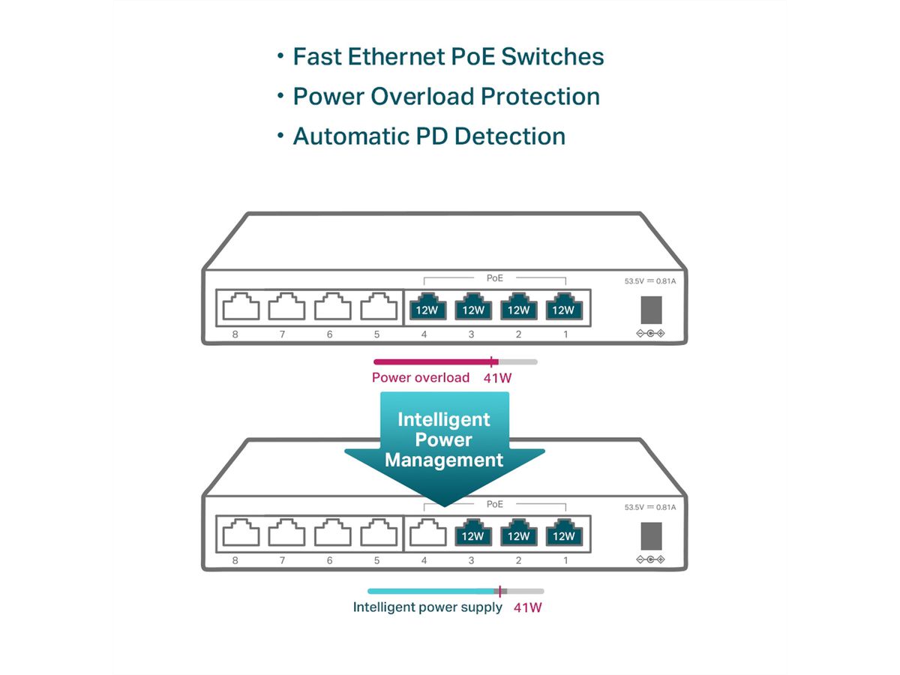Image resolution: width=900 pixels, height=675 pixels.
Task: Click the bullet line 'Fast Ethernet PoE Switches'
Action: [448, 57]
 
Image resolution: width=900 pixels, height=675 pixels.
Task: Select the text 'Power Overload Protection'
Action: [445, 97]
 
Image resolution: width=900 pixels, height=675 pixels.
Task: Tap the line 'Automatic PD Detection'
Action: [428, 136]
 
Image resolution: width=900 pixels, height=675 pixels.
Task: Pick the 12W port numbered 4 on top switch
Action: [425, 307]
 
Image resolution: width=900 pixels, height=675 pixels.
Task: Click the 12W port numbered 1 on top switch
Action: [565, 307]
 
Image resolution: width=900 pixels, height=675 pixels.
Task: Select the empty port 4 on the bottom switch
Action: [425, 533]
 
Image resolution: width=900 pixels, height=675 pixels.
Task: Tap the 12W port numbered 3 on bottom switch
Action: [472, 533]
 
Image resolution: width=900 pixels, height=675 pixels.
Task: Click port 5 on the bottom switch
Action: [379, 533]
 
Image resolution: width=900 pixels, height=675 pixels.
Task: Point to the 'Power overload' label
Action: [420, 378]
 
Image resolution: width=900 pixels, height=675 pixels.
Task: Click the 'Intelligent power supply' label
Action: [427, 607]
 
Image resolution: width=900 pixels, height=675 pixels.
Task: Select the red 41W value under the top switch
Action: [498, 378]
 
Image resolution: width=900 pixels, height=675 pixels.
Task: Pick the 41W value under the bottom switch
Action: [527, 607]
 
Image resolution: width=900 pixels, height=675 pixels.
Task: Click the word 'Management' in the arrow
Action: [444, 460]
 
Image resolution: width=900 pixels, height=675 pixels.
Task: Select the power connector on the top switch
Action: [650, 309]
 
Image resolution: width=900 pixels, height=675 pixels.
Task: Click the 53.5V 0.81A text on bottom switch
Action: [649, 508]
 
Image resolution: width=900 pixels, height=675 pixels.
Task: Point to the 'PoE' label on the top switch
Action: [495, 278]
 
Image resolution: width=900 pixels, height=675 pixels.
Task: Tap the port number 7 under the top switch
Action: [282, 334]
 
